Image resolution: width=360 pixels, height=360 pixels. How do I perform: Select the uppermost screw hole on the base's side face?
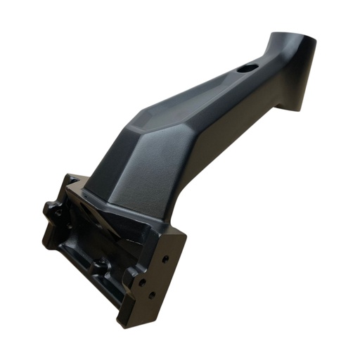pos(165,259)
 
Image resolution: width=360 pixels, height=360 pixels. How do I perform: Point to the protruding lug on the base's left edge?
pos(51,209)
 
